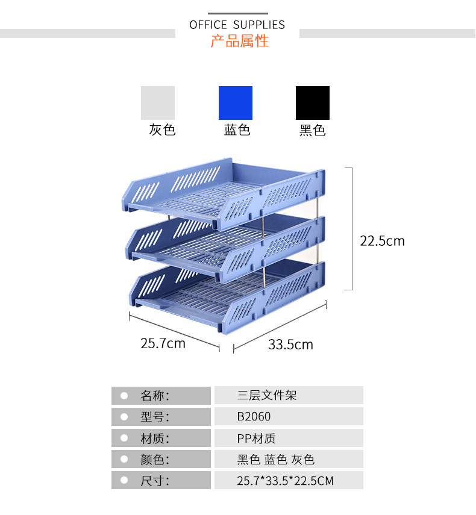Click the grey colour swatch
coord(158,103)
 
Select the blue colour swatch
coord(235,103)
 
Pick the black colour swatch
coord(313,103)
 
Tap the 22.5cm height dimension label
coord(382,241)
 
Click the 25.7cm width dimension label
coord(163,343)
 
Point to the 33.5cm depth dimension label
coord(290,345)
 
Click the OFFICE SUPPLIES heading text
coord(237,25)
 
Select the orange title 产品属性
coord(239,41)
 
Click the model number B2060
coord(254,416)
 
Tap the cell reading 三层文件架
coord(267,396)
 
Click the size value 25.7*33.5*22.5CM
coord(285,481)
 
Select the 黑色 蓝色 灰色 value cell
coord(276,460)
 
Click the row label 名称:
coord(155,396)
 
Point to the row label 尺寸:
coord(155,481)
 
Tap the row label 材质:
coord(155,438)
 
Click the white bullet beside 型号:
coord(124,417)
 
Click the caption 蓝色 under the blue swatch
coord(237,130)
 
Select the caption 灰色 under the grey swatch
coord(162,130)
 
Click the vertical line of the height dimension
coord(352,229)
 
